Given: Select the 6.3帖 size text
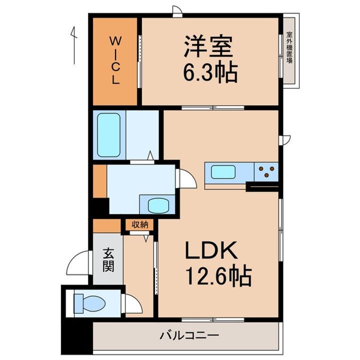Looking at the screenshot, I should tap(209, 74).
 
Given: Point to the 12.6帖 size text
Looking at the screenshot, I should tap(218, 276).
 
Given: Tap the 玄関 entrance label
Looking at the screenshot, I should tap(108, 260).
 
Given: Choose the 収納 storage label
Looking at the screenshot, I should tap(140, 224).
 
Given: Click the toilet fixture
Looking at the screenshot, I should tap(89, 302).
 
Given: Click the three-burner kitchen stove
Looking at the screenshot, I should tap(266, 172).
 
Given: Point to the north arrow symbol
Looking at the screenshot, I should tap(73, 45).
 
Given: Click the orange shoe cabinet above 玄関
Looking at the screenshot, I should tap(107, 225).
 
